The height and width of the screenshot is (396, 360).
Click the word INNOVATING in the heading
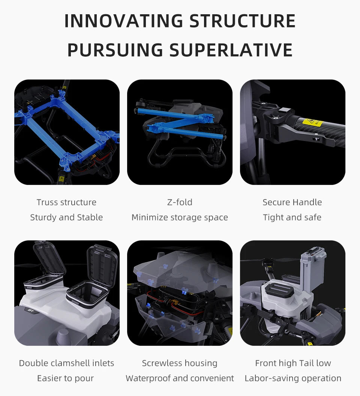click(124, 21)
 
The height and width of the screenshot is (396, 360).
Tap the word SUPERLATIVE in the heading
click(231, 50)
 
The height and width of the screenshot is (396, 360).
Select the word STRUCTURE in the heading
click(242, 21)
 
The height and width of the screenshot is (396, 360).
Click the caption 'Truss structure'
click(66, 202)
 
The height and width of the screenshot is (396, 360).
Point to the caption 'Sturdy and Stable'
click(66, 217)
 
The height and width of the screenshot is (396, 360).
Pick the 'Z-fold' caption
click(180, 202)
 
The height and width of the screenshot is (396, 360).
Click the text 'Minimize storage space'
click(180, 217)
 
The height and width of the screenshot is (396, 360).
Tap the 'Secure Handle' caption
click(292, 202)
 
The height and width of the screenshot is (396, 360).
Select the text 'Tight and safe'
click(292, 217)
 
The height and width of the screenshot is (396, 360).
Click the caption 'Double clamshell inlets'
click(66, 363)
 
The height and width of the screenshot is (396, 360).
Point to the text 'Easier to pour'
click(65, 378)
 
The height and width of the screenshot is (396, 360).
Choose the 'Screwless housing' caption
click(180, 363)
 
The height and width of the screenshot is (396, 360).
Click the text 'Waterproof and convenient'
click(180, 378)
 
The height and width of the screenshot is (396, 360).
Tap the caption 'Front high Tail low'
click(293, 363)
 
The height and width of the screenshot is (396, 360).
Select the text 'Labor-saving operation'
click(293, 378)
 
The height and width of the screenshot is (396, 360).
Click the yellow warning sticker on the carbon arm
click(310, 123)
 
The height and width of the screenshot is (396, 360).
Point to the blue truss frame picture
click(67, 132)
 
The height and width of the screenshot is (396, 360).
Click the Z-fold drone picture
click(180, 132)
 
